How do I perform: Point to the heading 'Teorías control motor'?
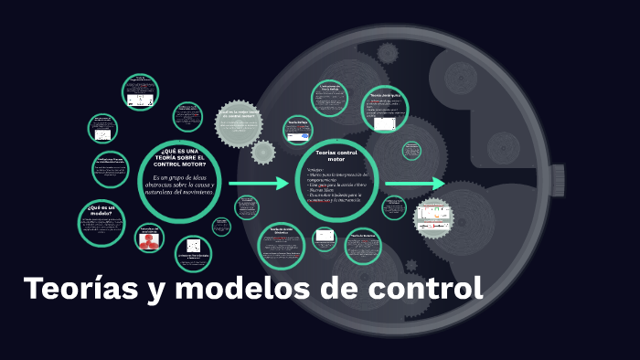tap(336, 155)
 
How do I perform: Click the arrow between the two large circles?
tap(259, 184)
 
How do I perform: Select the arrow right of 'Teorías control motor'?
tap(415, 184)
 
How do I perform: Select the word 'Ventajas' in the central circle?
tap(315, 170)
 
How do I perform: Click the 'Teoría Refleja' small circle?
tap(297, 131)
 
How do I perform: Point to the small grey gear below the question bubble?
tap(263, 152)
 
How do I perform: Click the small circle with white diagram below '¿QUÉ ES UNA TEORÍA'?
tap(194, 249)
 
